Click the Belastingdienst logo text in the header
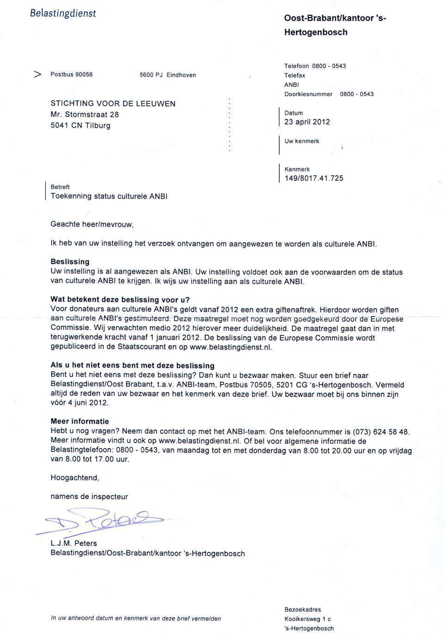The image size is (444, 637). point(63,13)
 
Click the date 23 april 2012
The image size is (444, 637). point(307,122)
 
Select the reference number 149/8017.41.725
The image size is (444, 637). point(314,179)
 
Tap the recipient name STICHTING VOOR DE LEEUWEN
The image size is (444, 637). point(113,104)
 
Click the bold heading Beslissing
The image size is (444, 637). point(70,262)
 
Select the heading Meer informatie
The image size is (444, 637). point(80,421)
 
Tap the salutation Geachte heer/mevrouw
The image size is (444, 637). point(92,224)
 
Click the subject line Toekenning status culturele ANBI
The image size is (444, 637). point(109,196)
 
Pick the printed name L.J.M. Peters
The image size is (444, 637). point(74,544)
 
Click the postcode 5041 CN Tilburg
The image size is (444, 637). point(80,125)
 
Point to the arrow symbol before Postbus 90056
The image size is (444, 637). point(38,74)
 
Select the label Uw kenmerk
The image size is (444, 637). point(302,141)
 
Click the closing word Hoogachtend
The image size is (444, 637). point(75,478)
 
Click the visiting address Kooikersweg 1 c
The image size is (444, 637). point(308,619)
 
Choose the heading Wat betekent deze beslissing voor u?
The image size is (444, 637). point(120,299)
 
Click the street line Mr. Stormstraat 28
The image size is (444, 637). point(85,115)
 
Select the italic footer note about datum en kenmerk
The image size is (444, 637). point(136,618)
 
